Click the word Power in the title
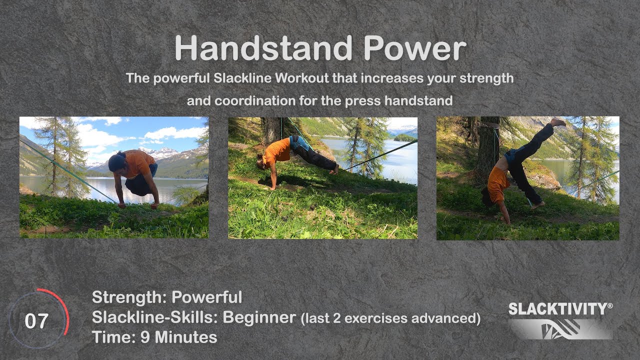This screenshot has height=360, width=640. point(414,49)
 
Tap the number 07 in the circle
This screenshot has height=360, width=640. point(36,321)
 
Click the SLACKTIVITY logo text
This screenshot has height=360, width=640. point(560,309)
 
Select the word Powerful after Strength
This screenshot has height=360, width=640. point(206,297)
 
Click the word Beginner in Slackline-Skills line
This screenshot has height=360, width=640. point(259,317)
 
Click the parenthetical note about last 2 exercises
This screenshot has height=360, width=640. point(390,318)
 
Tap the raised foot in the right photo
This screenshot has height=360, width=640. point(558,122)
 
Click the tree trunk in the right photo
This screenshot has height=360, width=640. point(487,150)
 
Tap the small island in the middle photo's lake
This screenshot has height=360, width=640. point(404,137)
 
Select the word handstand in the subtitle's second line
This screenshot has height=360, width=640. point(418,100)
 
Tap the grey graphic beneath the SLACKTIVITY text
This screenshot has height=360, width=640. point(560,329)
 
